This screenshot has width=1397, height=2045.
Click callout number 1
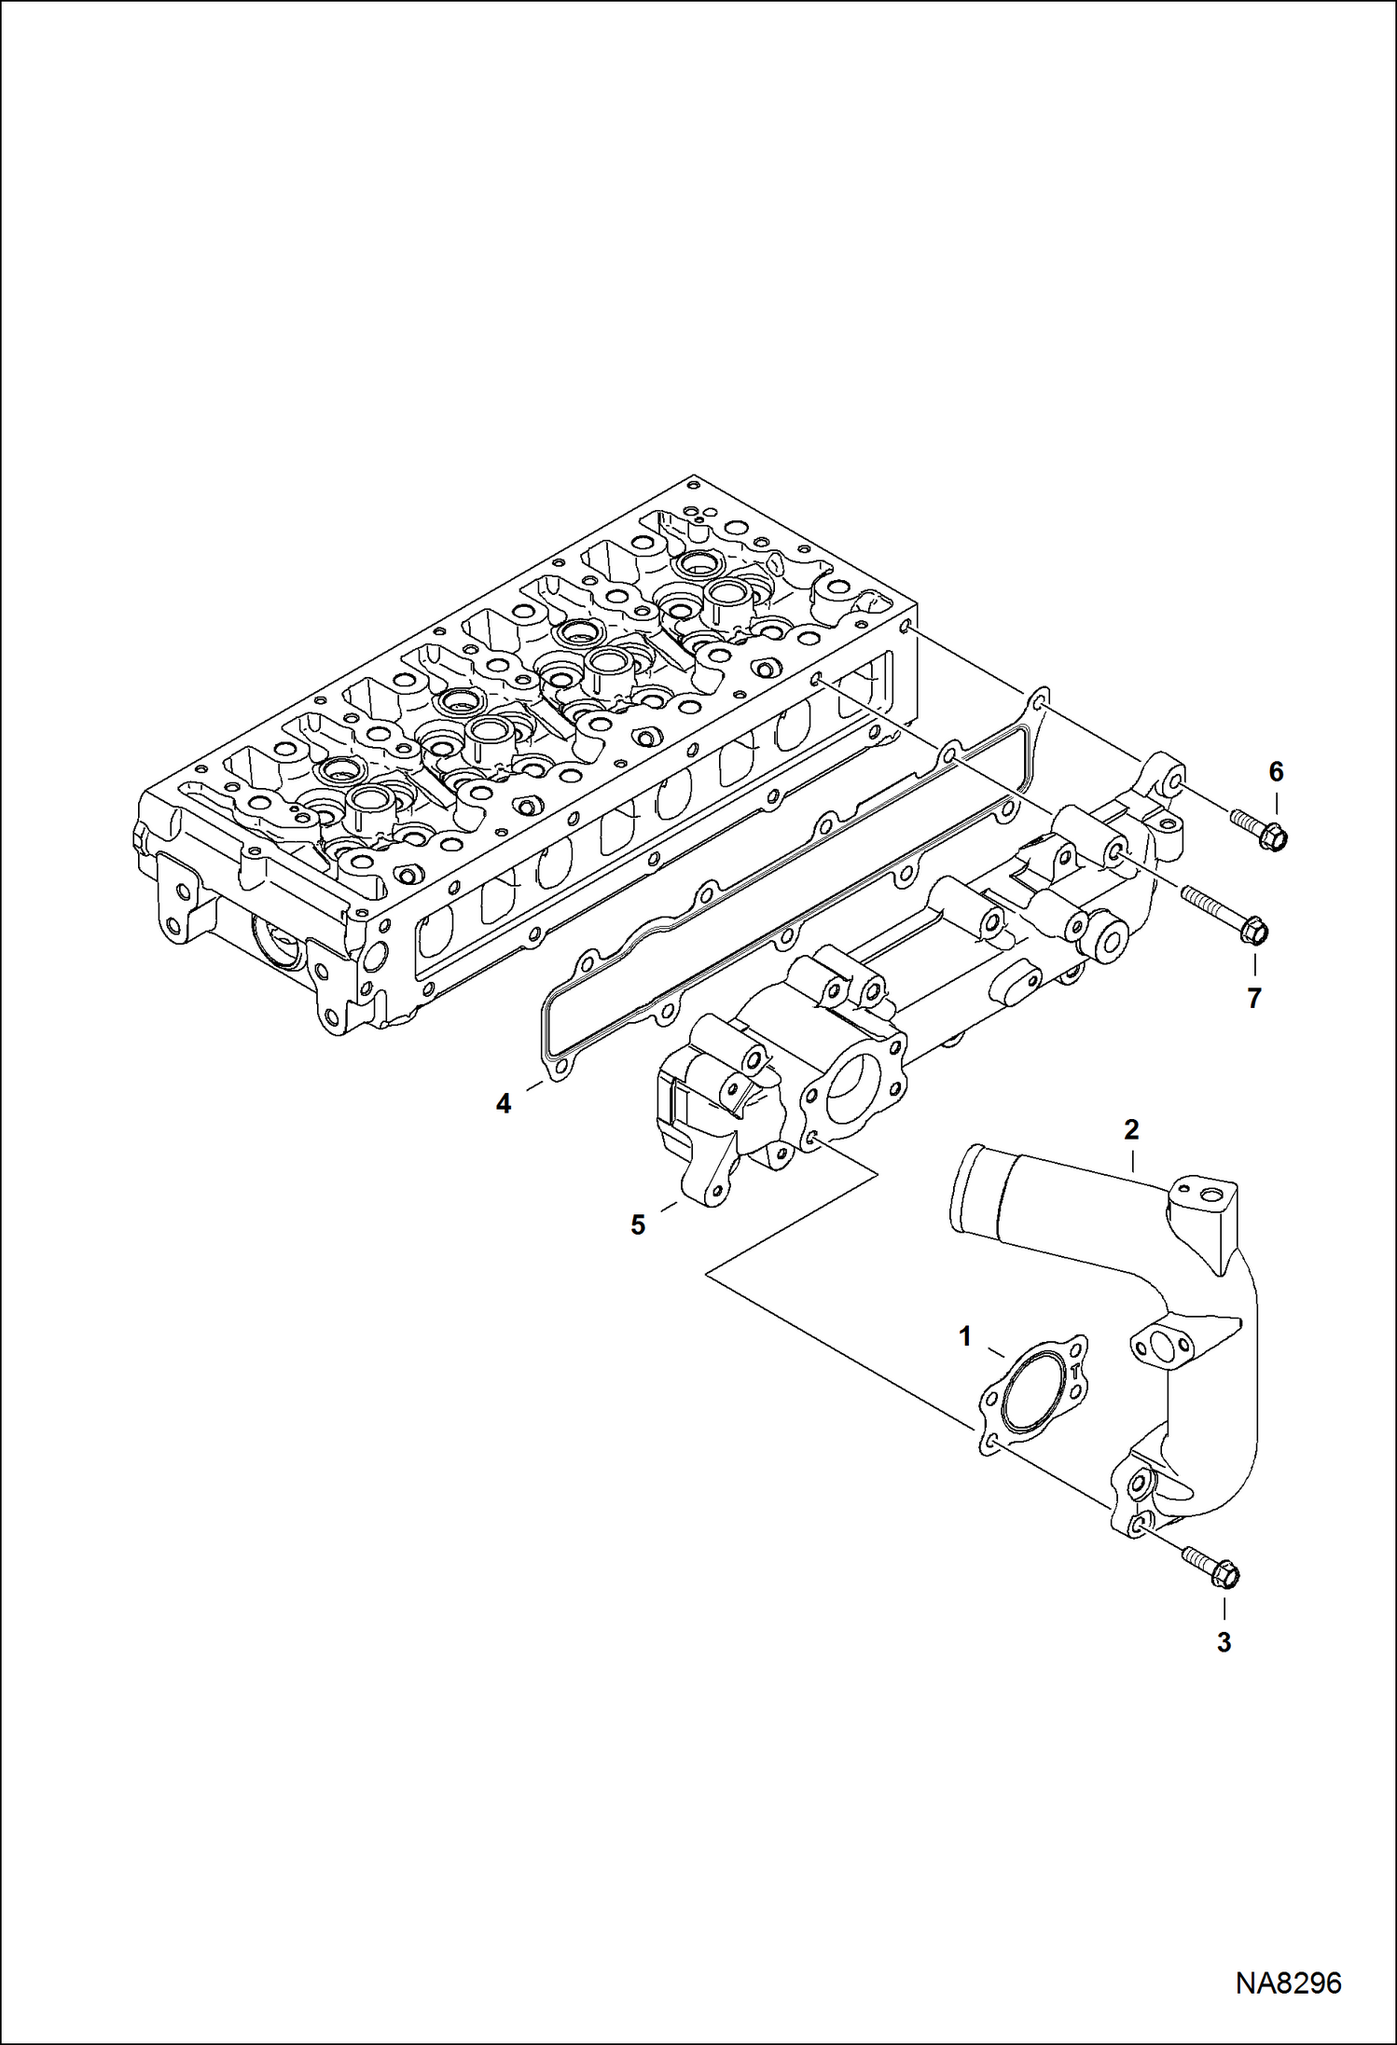click(x=965, y=1336)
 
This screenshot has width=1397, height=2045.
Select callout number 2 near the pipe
click(x=1131, y=1130)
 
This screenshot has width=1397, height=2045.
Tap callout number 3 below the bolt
click(x=1224, y=1642)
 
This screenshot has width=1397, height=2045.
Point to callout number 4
click(x=504, y=1104)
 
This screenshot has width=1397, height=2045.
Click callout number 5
click(x=638, y=1224)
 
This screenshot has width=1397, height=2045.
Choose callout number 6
click(x=1276, y=771)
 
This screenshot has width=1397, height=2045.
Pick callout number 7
click(x=1254, y=998)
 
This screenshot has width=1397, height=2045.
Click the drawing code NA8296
click(x=1288, y=1982)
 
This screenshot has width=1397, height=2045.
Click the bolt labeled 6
click(x=1259, y=829)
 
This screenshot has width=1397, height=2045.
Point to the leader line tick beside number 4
click(x=534, y=1085)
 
